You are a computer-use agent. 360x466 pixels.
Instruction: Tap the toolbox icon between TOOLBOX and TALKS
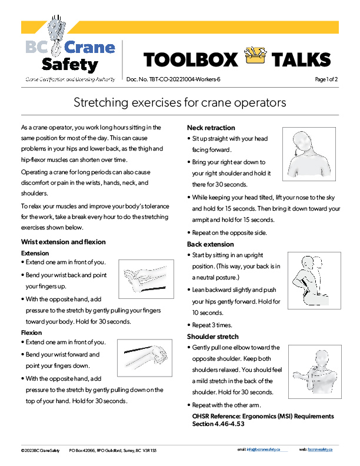(x=254, y=58)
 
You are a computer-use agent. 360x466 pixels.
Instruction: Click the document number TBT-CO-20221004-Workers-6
(x=182, y=79)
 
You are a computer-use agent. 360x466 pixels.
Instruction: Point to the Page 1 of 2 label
(x=326, y=79)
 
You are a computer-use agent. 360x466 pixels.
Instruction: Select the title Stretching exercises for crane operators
(x=179, y=102)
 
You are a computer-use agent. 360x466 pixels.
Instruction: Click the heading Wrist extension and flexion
(x=63, y=242)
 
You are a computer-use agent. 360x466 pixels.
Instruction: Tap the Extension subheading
(x=35, y=253)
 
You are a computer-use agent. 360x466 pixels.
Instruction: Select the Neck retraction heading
(x=211, y=128)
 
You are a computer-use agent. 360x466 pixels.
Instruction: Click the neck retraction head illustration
(x=308, y=154)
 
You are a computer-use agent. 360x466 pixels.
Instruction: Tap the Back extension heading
(x=210, y=244)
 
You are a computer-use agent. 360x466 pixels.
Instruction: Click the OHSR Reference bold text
(x=263, y=420)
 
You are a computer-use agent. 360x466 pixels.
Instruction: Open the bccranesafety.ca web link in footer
(x=321, y=450)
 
